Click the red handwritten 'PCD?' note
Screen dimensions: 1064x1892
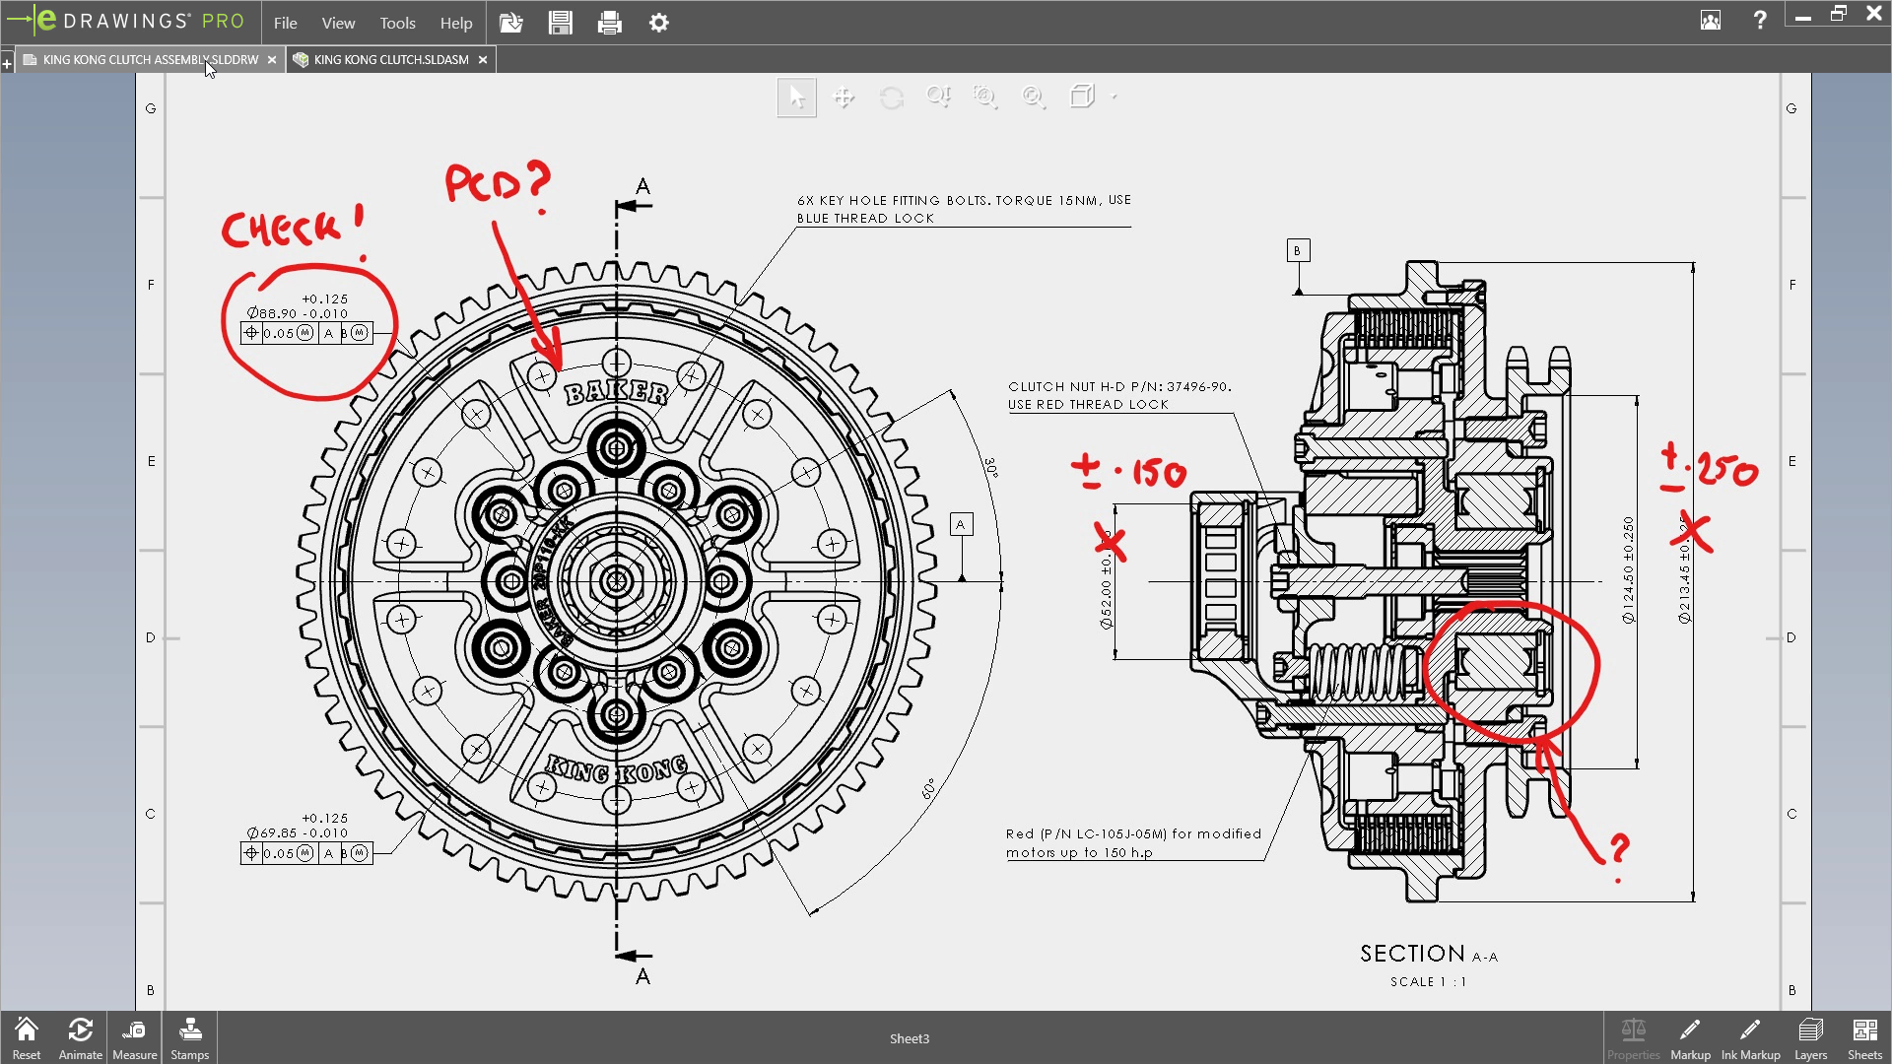point(498,183)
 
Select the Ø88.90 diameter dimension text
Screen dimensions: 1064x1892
point(297,313)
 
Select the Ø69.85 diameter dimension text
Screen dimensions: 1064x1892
point(297,832)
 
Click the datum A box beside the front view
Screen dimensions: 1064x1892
point(961,525)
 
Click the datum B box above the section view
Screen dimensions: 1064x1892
point(1298,251)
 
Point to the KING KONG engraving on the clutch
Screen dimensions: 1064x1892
point(617,769)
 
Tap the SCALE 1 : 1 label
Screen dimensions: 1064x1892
point(1428,982)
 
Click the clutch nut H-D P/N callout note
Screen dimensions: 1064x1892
point(1119,395)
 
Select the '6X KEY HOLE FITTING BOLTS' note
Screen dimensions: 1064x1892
point(963,209)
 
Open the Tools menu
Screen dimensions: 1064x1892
point(397,23)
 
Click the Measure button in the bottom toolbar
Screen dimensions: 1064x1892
point(135,1039)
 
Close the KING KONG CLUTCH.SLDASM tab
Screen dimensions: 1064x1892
point(483,60)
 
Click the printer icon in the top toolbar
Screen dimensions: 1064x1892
point(609,23)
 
